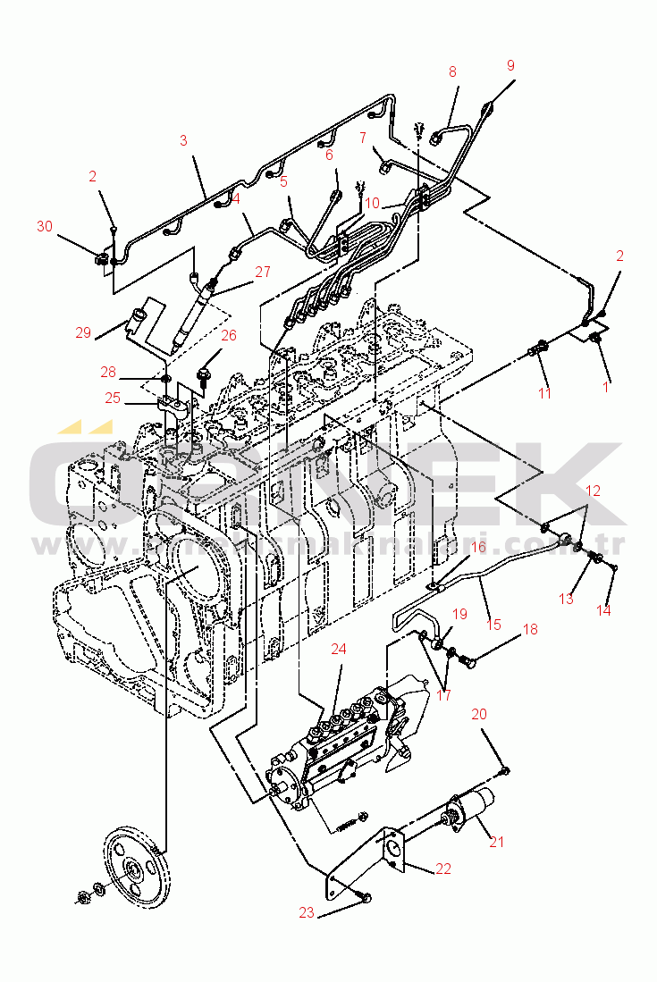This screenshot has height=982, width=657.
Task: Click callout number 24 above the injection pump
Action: click(x=338, y=649)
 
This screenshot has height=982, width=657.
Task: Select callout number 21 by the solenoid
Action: click(x=497, y=841)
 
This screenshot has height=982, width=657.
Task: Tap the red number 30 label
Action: click(x=45, y=227)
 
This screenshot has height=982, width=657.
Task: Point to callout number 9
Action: click(x=510, y=65)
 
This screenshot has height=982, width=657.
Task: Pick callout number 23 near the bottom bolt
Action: click(x=306, y=912)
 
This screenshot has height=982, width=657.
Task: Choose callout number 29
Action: click(x=83, y=333)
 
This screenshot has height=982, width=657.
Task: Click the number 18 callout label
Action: click(x=530, y=629)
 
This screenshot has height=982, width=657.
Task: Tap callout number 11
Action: click(x=544, y=392)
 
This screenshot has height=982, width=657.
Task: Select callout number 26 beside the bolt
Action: click(x=229, y=336)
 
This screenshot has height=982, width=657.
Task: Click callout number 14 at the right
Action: click(x=605, y=611)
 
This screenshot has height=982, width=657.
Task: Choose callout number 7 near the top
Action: click(x=364, y=138)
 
